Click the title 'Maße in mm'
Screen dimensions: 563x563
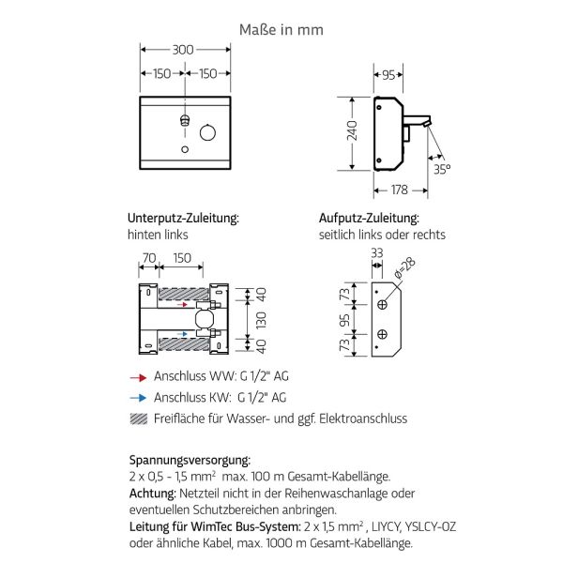coord(281,29)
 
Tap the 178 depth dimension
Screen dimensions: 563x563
coord(400,190)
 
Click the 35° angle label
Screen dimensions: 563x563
coord(441,168)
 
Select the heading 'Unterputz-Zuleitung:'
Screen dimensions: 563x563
coord(183,218)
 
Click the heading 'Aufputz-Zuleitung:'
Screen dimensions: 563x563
coord(369,218)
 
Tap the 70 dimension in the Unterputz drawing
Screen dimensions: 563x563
coord(148,258)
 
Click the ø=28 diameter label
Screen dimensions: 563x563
coord(406,268)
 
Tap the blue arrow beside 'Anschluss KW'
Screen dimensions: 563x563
coord(138,397)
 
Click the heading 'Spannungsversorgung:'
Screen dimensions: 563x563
coord(190,460)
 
